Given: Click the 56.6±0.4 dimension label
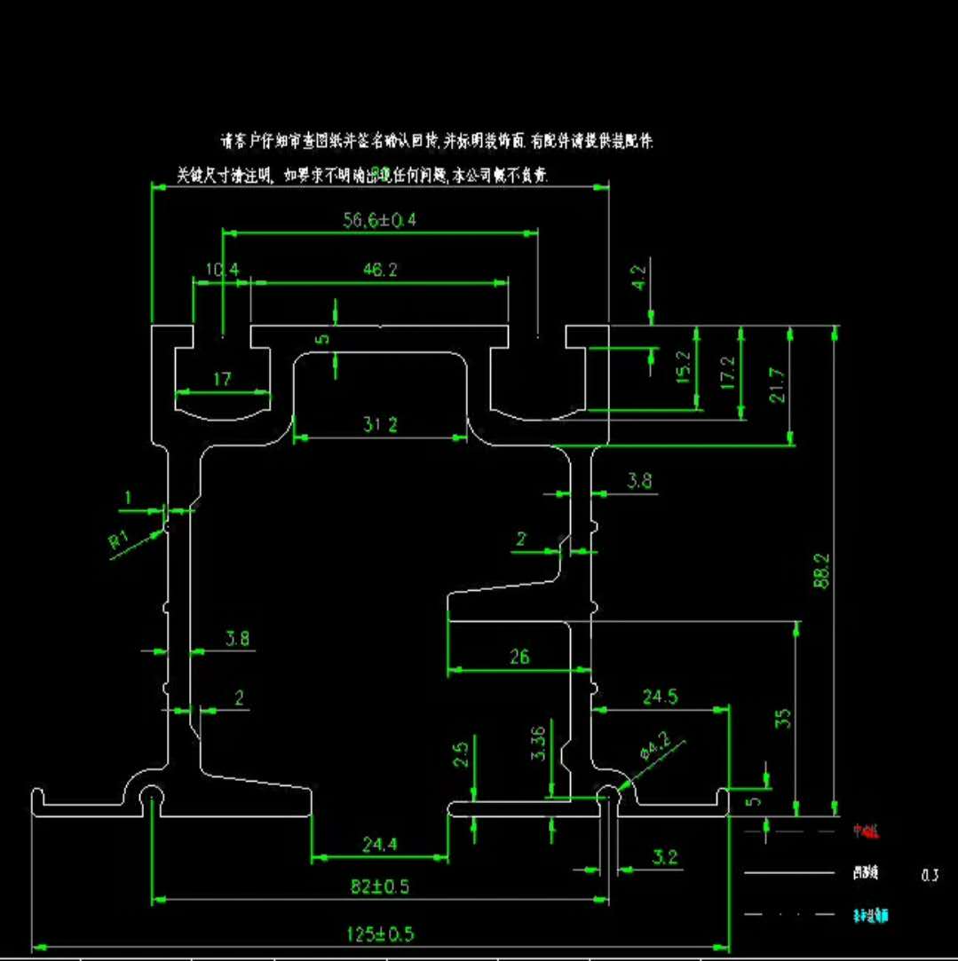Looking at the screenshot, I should click(x=380, y=220).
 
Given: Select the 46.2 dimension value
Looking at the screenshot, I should click(x=380, y=271).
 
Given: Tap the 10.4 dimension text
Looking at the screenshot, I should click(x=221, y=269).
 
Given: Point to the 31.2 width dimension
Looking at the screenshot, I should click(x=380, y=425).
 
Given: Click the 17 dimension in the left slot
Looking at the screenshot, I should click(x=222, y=379).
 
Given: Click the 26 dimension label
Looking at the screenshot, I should click(x=519, y=657).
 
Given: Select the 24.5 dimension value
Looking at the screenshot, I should click(x=660, y=697).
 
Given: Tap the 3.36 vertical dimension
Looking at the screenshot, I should click(x=536, y=743).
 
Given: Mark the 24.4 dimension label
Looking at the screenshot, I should click(x=380, y=845).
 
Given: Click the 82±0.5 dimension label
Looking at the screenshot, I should click(x=380, y=886).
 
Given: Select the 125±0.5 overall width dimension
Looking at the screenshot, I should click(x=380, y=934).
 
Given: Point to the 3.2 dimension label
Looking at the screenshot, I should click(x=664, y=856).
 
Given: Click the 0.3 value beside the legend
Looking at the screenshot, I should click(x=930, y=876).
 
